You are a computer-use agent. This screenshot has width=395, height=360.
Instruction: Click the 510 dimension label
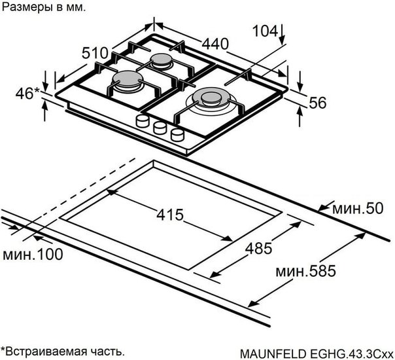[x=95, y=53]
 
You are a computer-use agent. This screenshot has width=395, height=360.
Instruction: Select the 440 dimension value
[x=215, y=44]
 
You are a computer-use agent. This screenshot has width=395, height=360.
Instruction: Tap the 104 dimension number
[x=265, y=31]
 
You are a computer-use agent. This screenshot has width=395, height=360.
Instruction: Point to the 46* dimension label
[x=27, y=94]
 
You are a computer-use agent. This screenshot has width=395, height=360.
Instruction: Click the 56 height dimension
[x=317, y=103]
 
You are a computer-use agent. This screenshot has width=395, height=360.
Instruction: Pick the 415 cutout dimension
[x=170, y=215]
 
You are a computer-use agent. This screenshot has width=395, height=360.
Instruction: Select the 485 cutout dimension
[x=259, y=248]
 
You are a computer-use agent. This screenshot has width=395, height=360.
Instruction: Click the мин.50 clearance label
[x=358, y=209]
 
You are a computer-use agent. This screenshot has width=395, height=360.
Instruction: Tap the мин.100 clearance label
[x=33, y=254]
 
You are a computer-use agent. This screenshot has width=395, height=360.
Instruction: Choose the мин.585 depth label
[x=306, y=271]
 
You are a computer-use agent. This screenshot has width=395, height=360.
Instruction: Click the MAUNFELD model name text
[x=317, y=353]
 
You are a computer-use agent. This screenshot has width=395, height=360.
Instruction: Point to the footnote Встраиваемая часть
[x=63, y=351]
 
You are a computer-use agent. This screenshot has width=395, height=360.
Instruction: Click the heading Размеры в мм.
[x=44, y=7]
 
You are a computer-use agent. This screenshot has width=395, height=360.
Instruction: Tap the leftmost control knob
[x=143, y=121]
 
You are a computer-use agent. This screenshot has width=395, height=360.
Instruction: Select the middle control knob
[x=160, y=128]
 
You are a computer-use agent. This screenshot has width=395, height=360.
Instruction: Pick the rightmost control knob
[x=177, y=135]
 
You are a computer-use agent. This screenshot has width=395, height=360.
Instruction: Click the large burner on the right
[x=212, y=101]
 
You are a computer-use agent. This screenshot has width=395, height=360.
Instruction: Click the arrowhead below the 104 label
[x=282, y=41]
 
